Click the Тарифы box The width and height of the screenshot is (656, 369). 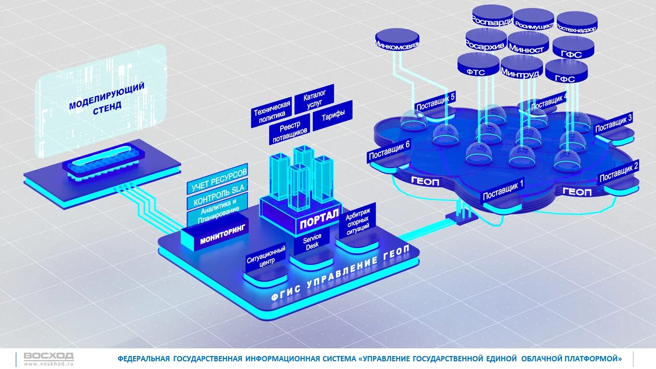(333, 116)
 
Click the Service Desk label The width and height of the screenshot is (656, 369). (312, 241)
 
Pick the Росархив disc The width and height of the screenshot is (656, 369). (486, 41)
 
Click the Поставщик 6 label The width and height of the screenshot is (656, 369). (389, 151)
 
